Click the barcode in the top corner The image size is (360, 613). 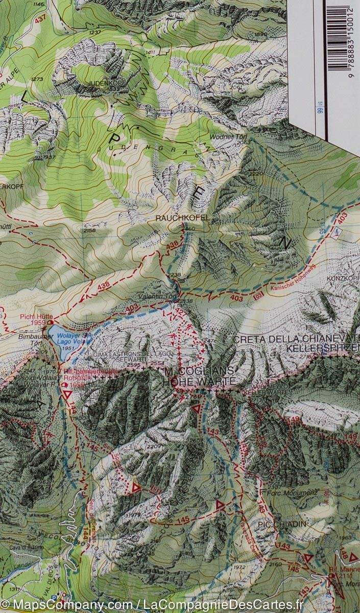[x=342, y=38]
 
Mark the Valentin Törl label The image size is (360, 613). [x=152, y=296]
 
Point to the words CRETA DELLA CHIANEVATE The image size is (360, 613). [x=296, y=339]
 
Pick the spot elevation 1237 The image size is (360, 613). [x=95, y=32]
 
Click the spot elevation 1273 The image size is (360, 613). [x=37, y=79]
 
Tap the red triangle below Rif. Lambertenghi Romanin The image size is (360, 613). [x=67, y=394]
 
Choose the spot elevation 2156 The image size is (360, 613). [x=89, y=231]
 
